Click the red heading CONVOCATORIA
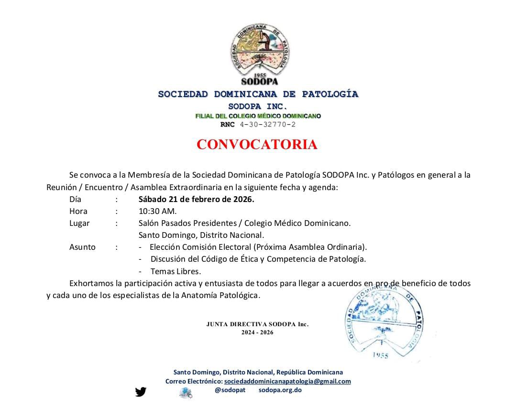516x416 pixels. click(x=257, y=145)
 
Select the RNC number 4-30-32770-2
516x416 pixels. click(x=268, y=125)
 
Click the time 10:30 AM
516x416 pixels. click(x=157, y=211)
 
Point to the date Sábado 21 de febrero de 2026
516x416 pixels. click(x=196, y=199)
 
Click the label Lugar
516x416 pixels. click(x=79, y=223)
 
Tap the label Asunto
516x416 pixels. click(x=82, y=247)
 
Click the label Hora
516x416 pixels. click(x=78, y=211)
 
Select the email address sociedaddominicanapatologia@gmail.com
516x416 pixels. click(x=287, y=381)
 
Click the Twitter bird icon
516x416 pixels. click(x=141, y=392)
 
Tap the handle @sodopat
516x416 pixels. click(x=230, y=390)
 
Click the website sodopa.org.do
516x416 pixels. click(x=280, y=390)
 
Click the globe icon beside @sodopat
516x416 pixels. click(x=186, y=393)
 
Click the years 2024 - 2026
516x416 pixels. click(x=257, y=332)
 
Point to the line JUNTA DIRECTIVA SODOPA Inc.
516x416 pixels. click(x=257, y=324)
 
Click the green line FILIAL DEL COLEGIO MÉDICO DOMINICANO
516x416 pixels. click(x=258, y=116)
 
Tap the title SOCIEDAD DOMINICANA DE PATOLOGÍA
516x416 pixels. click(x=258, y=94)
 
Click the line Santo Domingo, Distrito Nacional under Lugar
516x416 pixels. click(x=201, y=235)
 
